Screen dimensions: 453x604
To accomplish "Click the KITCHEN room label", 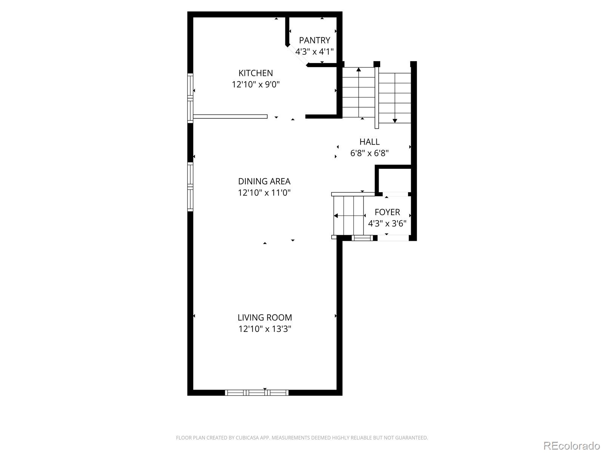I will coord(256,73).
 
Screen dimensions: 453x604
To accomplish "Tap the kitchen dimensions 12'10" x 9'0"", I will coord(256,84).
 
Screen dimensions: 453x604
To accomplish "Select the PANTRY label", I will coord(314,40).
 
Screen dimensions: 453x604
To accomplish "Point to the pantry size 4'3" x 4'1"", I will coord(314,51).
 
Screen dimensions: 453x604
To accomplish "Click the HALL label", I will coord(369,142).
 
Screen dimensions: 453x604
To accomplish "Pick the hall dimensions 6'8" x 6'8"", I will coord(369,153).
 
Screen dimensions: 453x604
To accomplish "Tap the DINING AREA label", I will coord(264,181).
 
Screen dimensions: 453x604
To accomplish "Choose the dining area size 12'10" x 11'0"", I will coord(264,193).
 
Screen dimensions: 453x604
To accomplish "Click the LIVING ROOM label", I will coord(265,317).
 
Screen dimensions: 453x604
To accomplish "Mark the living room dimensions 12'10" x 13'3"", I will coord(265,329).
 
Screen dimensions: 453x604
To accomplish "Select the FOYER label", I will coord(387,212).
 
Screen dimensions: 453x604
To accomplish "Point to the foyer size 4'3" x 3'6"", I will coord(387,223).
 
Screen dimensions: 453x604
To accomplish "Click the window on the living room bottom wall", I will coord(257,393).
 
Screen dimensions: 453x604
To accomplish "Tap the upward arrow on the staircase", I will coord(358,70).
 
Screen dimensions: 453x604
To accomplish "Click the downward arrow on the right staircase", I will coord(395,120).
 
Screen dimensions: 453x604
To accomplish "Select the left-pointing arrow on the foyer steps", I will coord(336,216).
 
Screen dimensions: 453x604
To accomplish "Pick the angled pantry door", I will coord(297,56).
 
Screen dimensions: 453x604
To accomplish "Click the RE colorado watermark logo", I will coord(571,445).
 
